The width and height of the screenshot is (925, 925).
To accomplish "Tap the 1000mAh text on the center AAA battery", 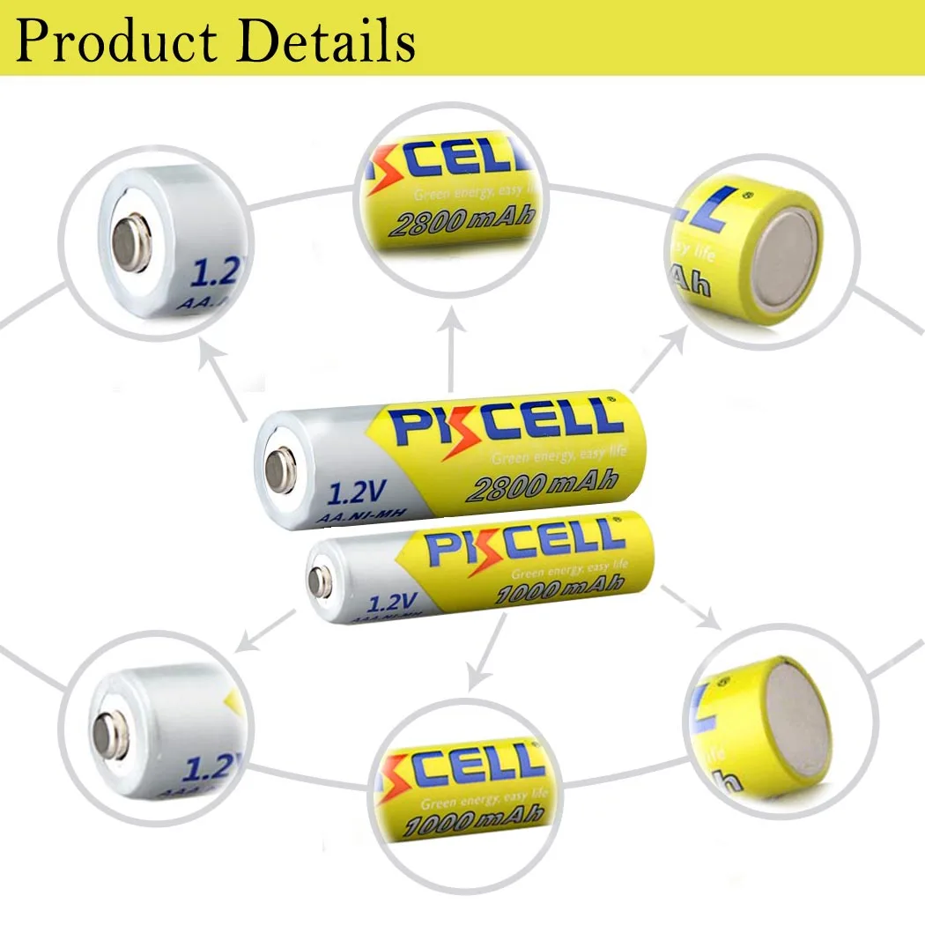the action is tap(560, 586).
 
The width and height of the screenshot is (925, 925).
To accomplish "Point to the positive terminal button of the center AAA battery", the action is tap(321, 581).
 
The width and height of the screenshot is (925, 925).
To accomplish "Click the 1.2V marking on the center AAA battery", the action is tap(390, 602).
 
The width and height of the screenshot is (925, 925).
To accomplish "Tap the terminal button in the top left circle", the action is tap(132, 246).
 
